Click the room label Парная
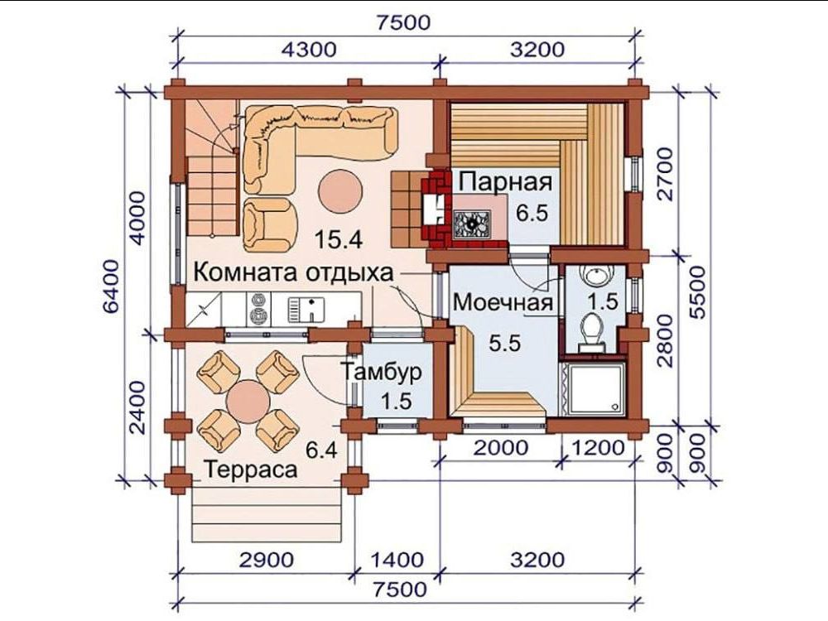[505, 181]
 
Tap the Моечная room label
[503, 303]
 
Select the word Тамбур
[381, 372]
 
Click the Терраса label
[251, 469]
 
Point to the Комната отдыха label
[294, 273]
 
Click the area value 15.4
[339, 240]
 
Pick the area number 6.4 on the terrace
[321, 450]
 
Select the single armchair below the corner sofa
[270, 224]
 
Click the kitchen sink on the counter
[306, 310]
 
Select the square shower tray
[592, 388]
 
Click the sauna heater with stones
[473, 222]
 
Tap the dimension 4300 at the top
[308, 50]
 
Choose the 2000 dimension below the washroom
[501, 448]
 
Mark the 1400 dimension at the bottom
[397, 560]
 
